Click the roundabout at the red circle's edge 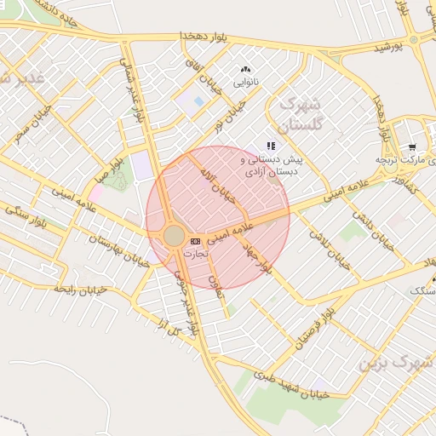(174, 235)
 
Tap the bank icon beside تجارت (197, 241)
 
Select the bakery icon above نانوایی (246, 70)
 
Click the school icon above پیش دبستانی (271, 146)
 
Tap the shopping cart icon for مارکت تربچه (412, 146)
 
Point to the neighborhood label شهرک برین (396, 362)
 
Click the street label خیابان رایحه (80, 290)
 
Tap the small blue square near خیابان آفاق (199, 101)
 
